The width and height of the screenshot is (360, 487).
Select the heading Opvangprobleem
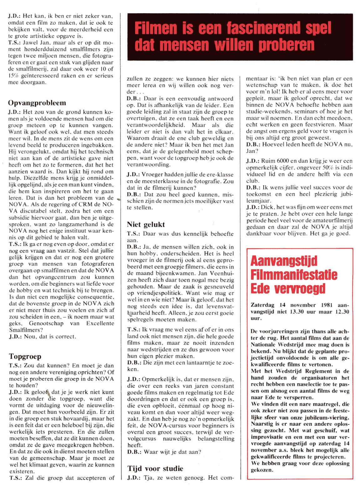[37, 103]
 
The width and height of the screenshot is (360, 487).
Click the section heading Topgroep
[25, 357]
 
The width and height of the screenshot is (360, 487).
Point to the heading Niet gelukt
[146, 225]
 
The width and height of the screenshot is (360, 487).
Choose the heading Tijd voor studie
[155, 469]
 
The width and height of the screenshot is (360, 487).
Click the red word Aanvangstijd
[284, 261]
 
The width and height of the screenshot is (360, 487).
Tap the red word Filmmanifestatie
[294, 275]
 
